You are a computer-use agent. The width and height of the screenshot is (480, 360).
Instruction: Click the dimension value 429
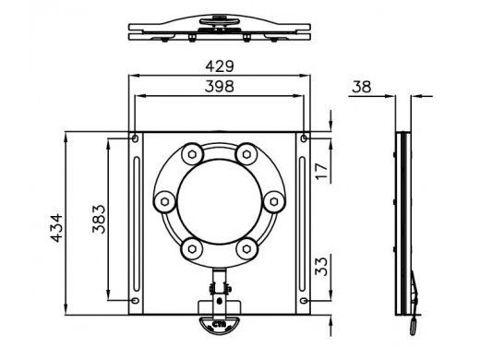(220, 66)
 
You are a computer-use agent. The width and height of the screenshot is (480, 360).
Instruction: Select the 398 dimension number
(220, 87)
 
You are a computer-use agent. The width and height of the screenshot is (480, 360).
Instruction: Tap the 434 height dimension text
(56, 228)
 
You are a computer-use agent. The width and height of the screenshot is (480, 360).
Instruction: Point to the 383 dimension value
(99, 219)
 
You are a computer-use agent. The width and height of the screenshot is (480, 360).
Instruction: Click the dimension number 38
(362, 87)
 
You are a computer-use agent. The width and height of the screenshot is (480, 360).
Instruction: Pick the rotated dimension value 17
(321, 172)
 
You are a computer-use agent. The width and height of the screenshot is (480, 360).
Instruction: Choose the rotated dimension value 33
(321, 267)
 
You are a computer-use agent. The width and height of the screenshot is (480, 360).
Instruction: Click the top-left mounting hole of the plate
(135, 138)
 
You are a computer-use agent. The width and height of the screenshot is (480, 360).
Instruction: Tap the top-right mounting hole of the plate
(304, 138)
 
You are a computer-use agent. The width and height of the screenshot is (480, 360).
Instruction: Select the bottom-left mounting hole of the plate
(135, 300)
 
